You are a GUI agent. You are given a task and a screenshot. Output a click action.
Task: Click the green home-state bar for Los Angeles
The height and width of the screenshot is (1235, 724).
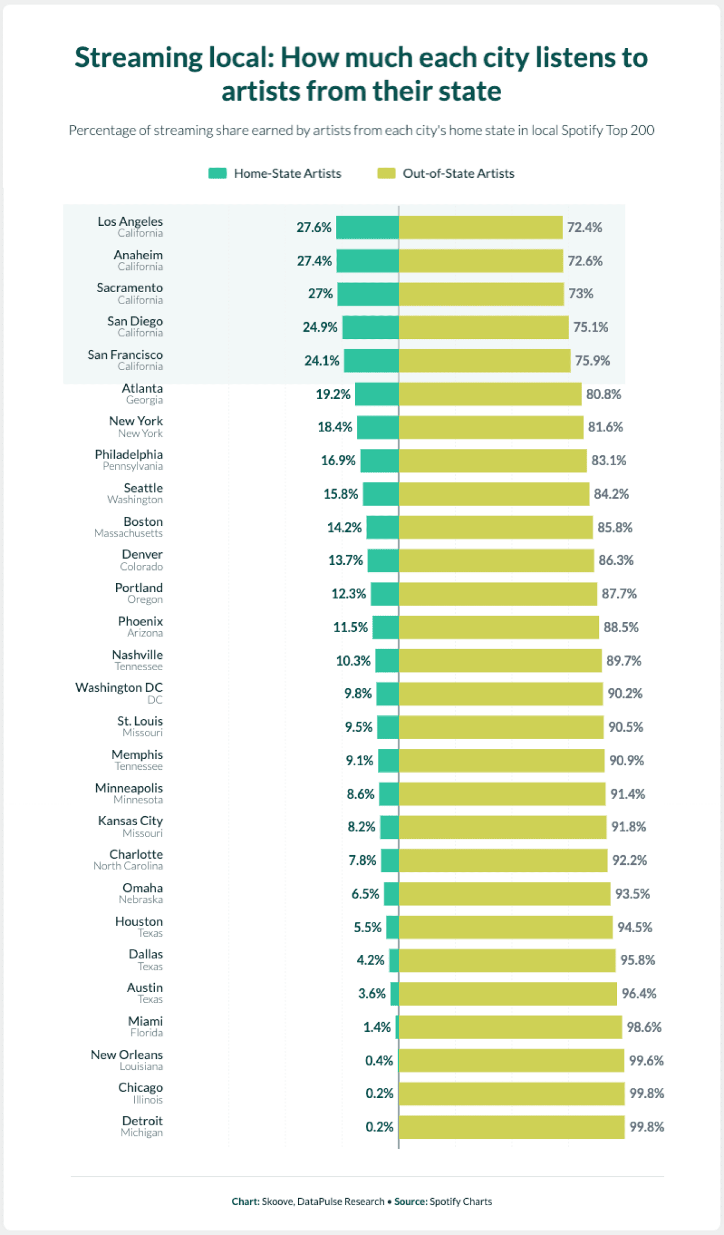367,228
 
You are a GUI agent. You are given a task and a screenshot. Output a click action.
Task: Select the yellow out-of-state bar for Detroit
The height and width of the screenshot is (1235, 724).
511,1126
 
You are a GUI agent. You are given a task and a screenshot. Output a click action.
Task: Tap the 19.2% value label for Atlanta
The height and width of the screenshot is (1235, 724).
333,394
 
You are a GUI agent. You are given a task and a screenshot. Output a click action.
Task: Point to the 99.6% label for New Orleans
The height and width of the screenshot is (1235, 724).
646,1060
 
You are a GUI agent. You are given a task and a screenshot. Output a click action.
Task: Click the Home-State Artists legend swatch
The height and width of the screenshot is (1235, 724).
217,173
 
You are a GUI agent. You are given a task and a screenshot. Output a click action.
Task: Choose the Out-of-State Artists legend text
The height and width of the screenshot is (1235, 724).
458,173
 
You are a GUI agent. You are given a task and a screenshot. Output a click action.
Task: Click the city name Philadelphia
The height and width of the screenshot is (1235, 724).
129,454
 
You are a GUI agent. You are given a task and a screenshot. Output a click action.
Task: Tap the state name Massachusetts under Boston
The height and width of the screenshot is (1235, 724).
128,533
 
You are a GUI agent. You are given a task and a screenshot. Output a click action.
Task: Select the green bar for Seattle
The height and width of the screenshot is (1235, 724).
381,494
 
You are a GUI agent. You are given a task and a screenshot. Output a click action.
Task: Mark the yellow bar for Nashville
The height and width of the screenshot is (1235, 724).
500,661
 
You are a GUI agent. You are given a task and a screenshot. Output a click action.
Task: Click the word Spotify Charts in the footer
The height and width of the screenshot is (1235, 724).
460,1201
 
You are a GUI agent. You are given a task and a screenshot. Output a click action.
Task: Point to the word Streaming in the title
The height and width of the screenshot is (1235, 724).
139,58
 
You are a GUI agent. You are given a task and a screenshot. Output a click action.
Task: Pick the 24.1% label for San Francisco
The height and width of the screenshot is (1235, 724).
322,361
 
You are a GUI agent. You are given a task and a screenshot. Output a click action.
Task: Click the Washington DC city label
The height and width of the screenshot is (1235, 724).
119,687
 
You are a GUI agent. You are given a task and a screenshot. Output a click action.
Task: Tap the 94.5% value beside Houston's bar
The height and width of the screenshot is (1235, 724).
635,927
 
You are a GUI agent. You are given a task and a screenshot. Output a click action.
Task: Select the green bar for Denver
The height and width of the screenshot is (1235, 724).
383,560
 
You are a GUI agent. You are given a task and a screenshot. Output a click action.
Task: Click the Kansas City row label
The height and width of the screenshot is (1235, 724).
130,821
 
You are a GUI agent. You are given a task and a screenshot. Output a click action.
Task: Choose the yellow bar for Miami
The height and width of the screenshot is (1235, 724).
510,1027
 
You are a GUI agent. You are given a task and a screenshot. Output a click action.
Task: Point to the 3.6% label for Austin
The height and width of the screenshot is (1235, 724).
372,993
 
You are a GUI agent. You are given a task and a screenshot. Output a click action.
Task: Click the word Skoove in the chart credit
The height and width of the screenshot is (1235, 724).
277,1201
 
